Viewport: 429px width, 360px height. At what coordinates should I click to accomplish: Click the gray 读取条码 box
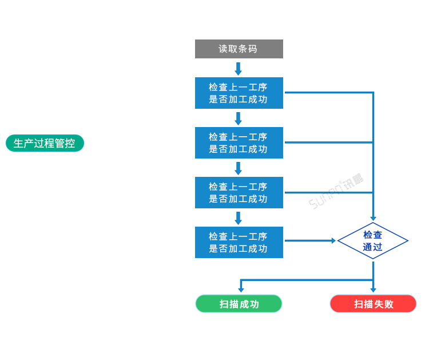point(239,49)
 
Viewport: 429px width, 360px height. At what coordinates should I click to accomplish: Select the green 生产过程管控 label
point(45,143)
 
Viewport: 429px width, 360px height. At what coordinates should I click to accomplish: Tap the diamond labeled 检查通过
point(373,241)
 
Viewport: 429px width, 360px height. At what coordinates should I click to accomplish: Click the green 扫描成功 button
point(239,304)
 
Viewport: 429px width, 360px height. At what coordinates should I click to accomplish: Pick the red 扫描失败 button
point(373,304)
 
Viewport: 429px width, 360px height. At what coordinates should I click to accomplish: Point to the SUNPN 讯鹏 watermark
point(336,191)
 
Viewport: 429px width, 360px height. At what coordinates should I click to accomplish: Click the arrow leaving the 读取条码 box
point(239,68)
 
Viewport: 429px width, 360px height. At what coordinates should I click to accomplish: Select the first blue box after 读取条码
point(239,93)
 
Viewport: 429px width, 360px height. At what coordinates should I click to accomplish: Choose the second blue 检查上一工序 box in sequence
point(239,143)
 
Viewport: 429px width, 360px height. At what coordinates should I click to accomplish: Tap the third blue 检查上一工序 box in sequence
point(239,192)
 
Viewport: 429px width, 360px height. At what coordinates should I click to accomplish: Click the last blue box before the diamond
point(239,242)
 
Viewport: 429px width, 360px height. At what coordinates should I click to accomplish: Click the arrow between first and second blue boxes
point(239,118)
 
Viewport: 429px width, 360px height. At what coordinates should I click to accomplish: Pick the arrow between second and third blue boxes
point(239,168)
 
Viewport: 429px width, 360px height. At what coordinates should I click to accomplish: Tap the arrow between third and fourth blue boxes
point(239,218)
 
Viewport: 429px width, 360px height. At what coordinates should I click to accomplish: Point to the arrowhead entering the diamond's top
point(373,219)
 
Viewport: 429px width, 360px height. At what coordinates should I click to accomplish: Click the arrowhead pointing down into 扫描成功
point(241,290)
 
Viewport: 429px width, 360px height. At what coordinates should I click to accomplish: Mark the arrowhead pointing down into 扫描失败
point(373,290)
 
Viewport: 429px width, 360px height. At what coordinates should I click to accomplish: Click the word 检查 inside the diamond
point(373,235)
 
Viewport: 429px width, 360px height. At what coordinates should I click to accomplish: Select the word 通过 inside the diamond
point(373,248)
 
